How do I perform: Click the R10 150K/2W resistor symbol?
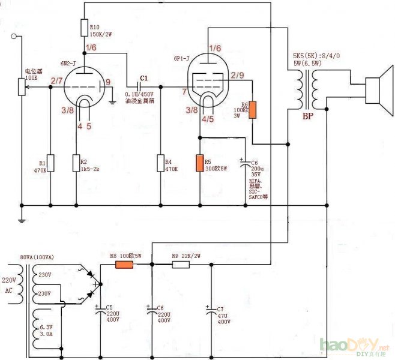84,27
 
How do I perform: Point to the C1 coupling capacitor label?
143,79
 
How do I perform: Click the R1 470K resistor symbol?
50,163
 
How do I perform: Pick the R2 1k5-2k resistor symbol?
76,163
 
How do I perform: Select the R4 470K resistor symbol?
160,163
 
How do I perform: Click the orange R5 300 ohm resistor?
199,164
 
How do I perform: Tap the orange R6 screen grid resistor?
253,110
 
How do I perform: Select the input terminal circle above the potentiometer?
14,37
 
